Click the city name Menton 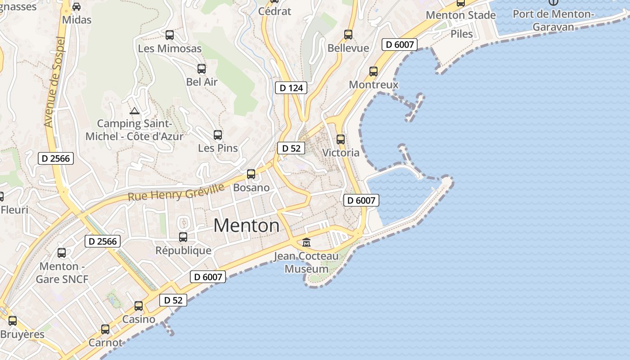pyautogui.click(x=246, y=225)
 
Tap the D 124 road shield pyautogui.click(x=291, y=88)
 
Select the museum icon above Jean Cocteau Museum pyautogui.click(x=306, y=242)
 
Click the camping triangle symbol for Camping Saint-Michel pyautogui.click(x=134, y=111)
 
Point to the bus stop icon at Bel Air pyautogui.click(x=202, y=69)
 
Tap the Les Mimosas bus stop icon pyautogui.click(x=170, y=35)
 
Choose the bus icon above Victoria pyautogui.click(x=341, y=139)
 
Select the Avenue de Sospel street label pyautogui.click(x=55, y=82)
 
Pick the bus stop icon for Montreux pyautogui.click(x=373, y=71)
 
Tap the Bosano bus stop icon pyautogui.click(x=251, y=174)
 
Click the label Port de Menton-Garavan pyautogui.click(x=553, y=20)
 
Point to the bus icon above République pyautogui.click(x=183, y=237)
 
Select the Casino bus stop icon pyautogui.click(x=139, y=306)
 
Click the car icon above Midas pyautogui.click(x=76, y=7)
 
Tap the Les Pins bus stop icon pyautogui.click(x=218, y=135)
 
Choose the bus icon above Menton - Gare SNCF pyautogui.click(x=62, y=253)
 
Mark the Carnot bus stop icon pyautogui.click(x=105, y=329)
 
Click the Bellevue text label pyautogui.click(x=348, y=48)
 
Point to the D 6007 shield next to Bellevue pyautogui.click(x=400, y=45)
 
